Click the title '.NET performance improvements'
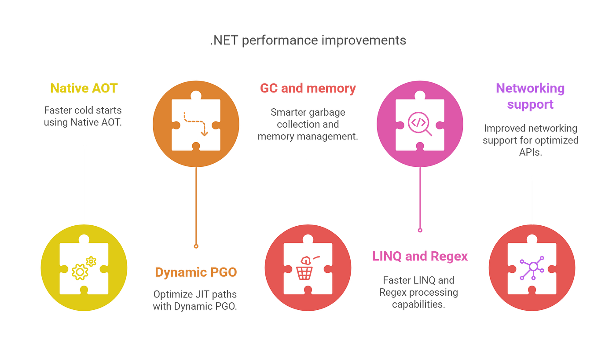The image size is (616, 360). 308,40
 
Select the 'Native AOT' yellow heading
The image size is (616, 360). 84,88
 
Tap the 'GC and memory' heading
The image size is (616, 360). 308,88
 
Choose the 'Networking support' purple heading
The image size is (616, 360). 530,96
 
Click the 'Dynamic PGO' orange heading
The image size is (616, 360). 196,272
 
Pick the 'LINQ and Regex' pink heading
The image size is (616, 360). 420,256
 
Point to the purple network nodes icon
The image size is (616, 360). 532,268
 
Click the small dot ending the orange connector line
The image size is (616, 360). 196,246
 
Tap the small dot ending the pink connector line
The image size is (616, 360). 420,231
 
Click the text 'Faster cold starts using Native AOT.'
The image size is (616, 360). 83,116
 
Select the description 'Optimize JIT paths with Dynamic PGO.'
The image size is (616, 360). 195,300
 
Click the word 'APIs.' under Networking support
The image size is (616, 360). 531,152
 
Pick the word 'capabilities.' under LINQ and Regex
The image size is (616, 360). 418,305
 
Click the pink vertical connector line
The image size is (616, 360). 420,198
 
